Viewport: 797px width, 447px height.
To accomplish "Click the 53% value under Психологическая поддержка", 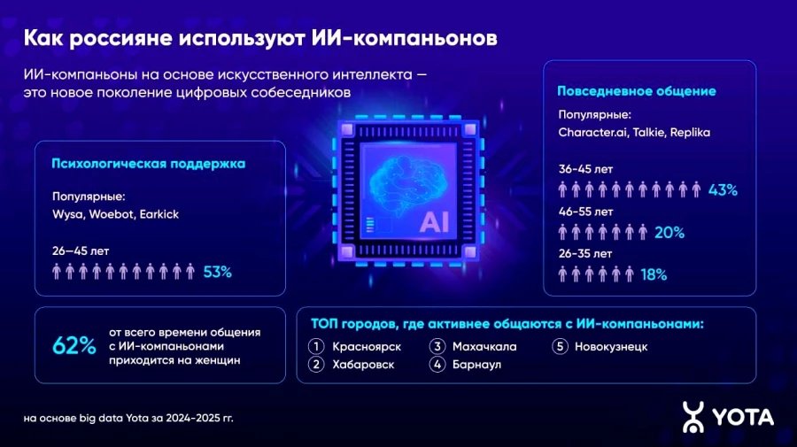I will tap(217, 272).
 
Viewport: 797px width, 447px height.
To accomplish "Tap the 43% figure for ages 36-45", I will tap(723, 189).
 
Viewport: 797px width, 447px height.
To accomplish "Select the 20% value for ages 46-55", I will tap(669, 232).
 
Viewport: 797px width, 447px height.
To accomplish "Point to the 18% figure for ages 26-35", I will tap(653, 274).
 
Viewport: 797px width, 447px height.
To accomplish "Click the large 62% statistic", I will tap(74, 346).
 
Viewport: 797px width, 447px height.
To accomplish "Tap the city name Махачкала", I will tap(484, 346).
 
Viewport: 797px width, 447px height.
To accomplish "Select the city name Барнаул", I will tap(476, 365).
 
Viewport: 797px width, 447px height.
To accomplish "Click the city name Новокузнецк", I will tap(611, 346).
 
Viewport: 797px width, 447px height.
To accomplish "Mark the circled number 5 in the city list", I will tap(559, 346).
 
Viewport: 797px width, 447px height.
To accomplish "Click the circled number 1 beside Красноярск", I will tap(316, 346).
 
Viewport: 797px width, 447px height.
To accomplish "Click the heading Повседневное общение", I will tap(637, 91).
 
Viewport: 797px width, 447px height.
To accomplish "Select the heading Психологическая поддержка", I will tap(149, 164).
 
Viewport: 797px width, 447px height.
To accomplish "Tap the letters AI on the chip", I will tap(434, 221).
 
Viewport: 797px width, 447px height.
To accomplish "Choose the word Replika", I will tap(691, 133).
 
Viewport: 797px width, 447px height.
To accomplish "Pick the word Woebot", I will tap(111, 214).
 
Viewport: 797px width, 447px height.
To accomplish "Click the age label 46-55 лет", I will tap(585, 212).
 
